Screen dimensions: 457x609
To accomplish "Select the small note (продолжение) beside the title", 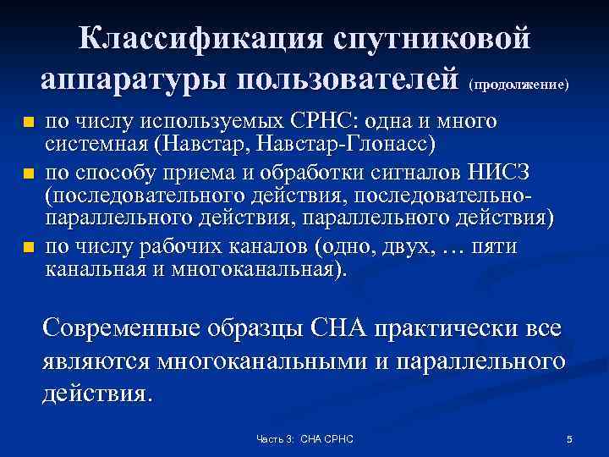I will point(518,85).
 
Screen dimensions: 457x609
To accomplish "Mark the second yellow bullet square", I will point(28,175).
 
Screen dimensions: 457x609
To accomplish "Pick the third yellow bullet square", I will point(28,248).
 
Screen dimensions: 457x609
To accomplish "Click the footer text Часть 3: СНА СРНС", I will point(304,439).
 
